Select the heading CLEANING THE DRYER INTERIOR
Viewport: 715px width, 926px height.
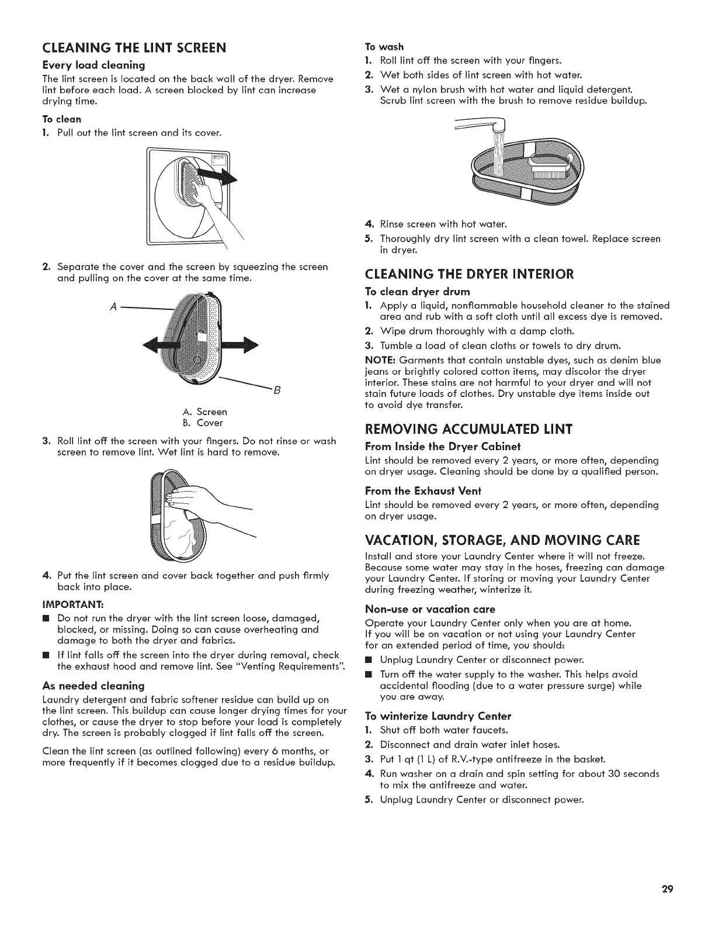(470, 274)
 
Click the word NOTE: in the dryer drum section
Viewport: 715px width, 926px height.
(379, 360)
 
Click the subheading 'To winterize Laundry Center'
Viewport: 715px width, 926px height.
(438, 716)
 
